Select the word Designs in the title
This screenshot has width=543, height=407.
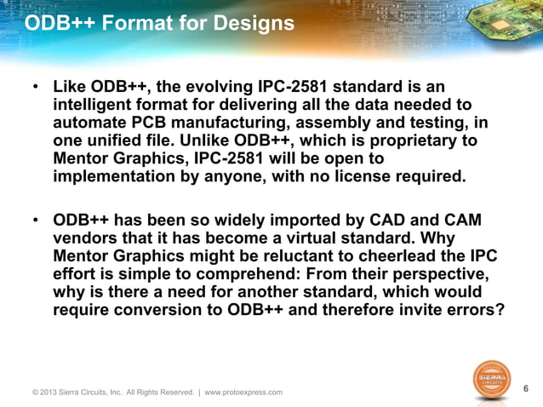(252, 25)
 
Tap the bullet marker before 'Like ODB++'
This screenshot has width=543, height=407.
(36, 88)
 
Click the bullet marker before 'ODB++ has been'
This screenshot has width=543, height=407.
(36, 221)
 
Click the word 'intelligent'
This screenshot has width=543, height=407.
(96, 105)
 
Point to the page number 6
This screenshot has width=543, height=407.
(526, 388)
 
